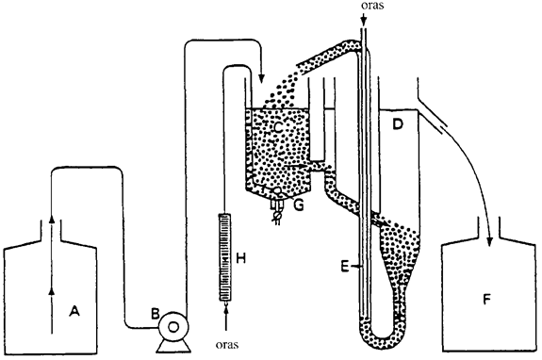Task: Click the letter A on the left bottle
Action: tap(74, 311)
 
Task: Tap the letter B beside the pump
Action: tap(155, 314)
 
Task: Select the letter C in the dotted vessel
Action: tap(277, 127)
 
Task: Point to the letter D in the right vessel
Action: tap(398, 123)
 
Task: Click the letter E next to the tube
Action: tap(345, 267)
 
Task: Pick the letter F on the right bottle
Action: tap(486, 299)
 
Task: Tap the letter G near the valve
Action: tap(299, 205)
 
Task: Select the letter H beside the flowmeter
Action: tap(240, 257)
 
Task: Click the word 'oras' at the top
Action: tap(372, 6)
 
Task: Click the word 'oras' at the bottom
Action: tap(227, 345)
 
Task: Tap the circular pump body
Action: tap(173, 326)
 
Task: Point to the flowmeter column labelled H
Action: tap(225, 257)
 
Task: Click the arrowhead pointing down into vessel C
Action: tap(261, 79)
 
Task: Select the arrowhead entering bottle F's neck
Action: tap(489, 242)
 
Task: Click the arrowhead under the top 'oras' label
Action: tap(363, 22)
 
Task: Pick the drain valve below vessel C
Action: tap(277, 206)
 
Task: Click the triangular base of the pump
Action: tap(173, 346)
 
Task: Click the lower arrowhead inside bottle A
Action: tap(52, 291)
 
